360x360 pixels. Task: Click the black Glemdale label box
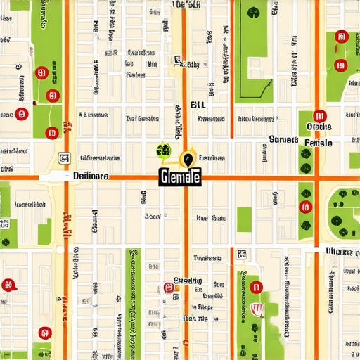tap(180, 178)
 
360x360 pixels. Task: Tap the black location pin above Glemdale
tap(188, 160)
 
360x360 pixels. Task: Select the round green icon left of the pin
tap(163, 150)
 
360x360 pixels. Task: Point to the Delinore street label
tap(91, 176)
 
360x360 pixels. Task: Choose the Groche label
tap(319, 127)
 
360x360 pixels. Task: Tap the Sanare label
tap(283, 139)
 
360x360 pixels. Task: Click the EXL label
tap(200, 105)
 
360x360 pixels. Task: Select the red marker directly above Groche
tap(319, 116)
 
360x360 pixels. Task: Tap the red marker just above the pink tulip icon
tap(255, 287)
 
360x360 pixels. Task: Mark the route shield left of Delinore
tap(65, 158)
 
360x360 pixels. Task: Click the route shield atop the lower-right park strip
tap(242, 253)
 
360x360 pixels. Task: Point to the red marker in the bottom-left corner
tap(45, 332)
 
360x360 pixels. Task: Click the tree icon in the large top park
tap(253, 12)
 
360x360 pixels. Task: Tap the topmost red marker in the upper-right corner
tap(342, 37)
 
